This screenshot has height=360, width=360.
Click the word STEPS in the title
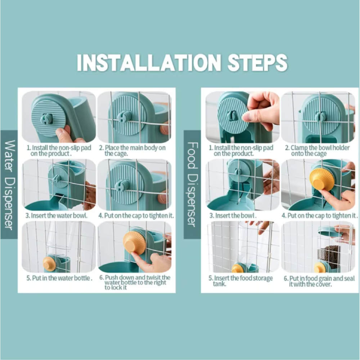(257, 62)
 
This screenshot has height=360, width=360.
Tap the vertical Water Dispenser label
(9, 185)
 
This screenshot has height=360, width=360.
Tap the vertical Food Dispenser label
(192, 185)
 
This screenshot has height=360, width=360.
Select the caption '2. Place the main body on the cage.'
(132, 150)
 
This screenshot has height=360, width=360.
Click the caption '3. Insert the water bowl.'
(57, 216)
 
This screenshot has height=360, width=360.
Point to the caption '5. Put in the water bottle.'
(59, 278)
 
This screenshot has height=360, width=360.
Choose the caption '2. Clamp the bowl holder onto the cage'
(317, 150)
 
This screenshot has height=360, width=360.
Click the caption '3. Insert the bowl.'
(233, 216)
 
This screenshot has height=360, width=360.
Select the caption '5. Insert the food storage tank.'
(240, 281)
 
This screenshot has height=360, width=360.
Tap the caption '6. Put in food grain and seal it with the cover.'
(319, 281)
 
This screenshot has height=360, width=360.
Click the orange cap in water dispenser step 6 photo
(134, 242)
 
